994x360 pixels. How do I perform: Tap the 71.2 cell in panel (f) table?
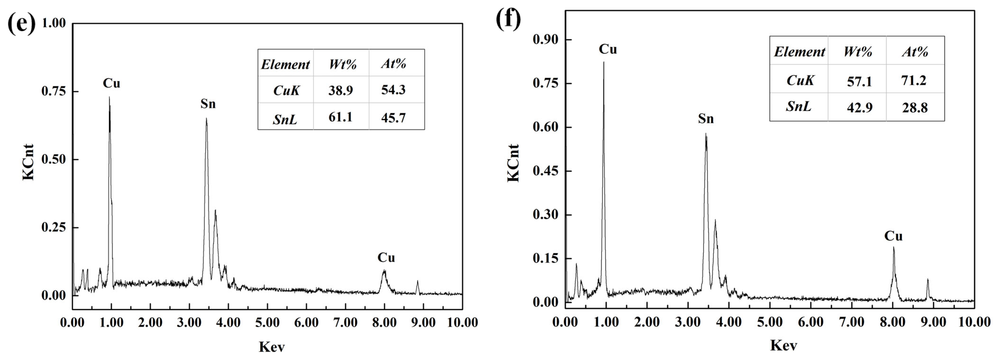pos(914,80)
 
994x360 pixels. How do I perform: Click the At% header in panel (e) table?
pos(394,63)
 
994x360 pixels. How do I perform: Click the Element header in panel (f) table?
pos(799,52)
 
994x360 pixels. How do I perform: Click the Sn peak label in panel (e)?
pos(208,104)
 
